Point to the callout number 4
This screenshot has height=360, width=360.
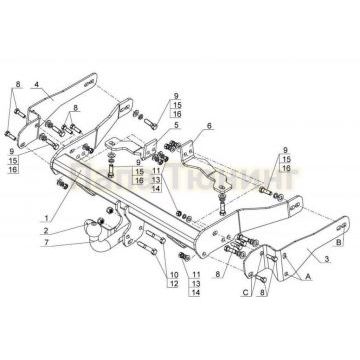pos(37,86)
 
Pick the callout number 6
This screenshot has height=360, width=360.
pos(210,126)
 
